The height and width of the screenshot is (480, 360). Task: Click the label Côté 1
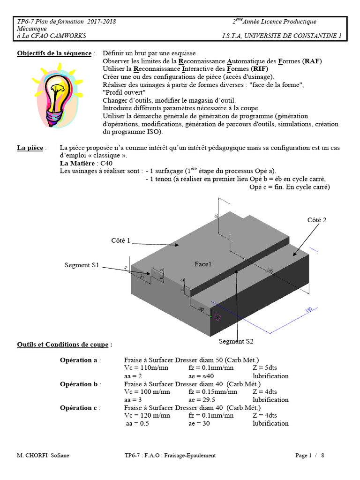[x=120, y=240]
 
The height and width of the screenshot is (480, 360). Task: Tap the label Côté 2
[x=316, y=220]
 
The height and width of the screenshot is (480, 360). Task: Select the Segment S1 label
[x=82, y=265]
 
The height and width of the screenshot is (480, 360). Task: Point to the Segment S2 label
[x=236, y=341]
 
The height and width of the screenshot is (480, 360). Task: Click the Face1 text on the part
[x=203, y=264]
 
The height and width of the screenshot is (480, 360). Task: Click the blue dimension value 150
[x=309, y=312]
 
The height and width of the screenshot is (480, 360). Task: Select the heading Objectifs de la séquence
[x=54, y=53]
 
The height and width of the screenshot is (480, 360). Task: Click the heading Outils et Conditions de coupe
[x=64, y=345]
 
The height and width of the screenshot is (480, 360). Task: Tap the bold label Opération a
[x=79, y=360]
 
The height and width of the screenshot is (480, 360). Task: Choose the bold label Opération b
[x=79, y=384]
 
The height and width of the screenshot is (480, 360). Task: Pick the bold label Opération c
[x=79, y=408]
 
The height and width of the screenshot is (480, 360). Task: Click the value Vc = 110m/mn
[x=147, y=368]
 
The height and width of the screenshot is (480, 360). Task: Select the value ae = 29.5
[x=202, y=400]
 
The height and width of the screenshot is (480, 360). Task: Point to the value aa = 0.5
[x=137, y=424]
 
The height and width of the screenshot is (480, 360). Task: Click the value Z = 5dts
[x=265, y=368]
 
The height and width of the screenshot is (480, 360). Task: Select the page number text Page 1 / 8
[x=310, y=456]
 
